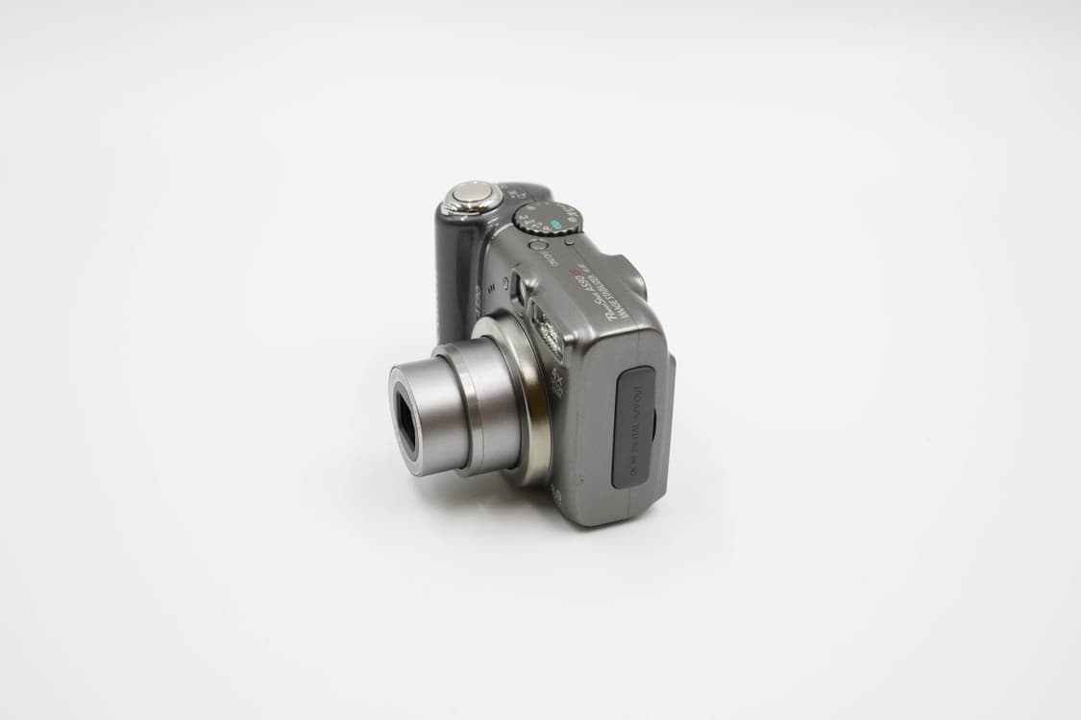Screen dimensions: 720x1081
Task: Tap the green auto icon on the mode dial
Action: pyautogui.click(x=554, y=228)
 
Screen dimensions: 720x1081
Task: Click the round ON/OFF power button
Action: pyautogui.click(x=538, y=245)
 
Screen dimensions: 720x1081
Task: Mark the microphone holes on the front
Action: pyautogui.click(x=491, y=286)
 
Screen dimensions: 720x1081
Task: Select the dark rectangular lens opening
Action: pyautogui.click(x=405, y=422)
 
